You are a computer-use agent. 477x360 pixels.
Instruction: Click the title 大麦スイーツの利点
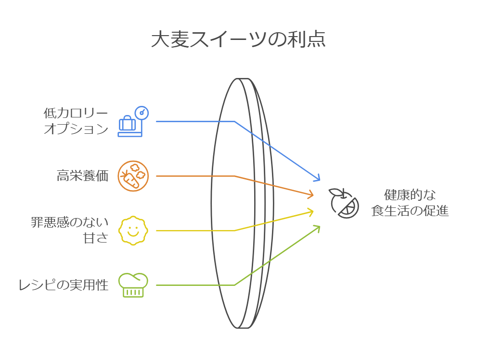pyautogui.click(x=238, y=39)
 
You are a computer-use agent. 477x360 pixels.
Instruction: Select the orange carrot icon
pyautogui.click(x=134, y=176)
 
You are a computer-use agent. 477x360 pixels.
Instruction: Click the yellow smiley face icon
pyautogui.click(x=133, y=231)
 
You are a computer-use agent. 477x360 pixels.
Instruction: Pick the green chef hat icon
pyautogui.click(x=133, y=285)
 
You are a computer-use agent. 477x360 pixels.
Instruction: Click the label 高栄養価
pyautogui.click(x=82, y=176)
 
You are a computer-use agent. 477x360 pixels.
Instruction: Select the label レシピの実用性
pyautogui.click(x=63, y=285)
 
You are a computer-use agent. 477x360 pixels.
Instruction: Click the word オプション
pyautogui.click(x=76, y=129)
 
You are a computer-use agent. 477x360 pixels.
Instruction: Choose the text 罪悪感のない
pyautogui.click(x=70, y=223)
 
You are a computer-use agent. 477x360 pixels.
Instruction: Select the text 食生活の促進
pyautogui.click(x=410, y=210)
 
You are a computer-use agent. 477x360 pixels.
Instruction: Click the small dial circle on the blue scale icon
pyautogui.click(x=142, y=113)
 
